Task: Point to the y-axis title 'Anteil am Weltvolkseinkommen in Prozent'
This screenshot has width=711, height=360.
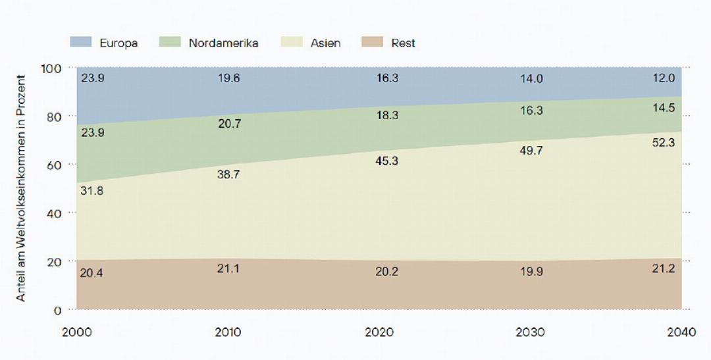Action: coord(21,188)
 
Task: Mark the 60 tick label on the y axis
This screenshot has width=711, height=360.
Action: coord(54,165)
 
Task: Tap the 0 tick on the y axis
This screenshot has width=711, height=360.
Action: coord(57,309)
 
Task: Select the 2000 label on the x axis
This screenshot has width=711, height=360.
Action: coord(76,332)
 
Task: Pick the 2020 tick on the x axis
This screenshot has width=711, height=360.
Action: coord(379,332)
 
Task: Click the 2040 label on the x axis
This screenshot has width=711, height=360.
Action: coord(681,332)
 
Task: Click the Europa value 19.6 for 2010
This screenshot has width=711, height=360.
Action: coord(228,78)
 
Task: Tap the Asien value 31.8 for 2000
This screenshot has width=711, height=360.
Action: coord(92,191)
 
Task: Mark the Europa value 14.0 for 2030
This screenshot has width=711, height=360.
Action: coord(531,78)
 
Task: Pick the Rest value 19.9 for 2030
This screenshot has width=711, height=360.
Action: coord(531,271)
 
